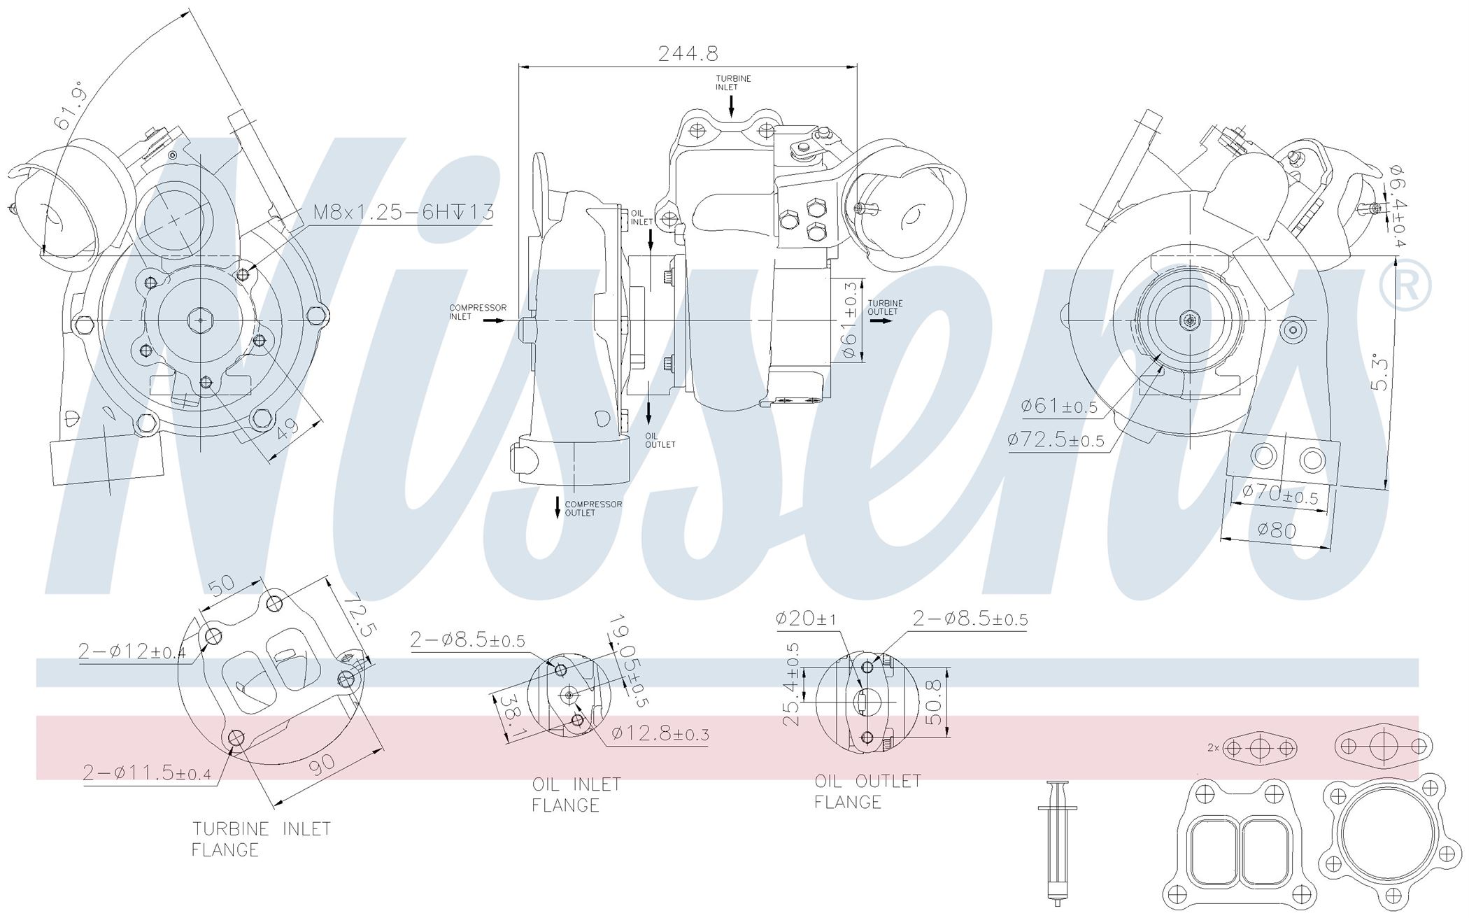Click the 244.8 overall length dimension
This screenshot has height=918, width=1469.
click(688, 53)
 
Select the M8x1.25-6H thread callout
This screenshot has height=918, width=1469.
click(403, 212)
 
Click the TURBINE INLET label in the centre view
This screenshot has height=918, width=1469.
click(733, 83)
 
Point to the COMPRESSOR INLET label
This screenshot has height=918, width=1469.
click(478, 312)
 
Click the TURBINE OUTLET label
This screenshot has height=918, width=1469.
click(885, 307)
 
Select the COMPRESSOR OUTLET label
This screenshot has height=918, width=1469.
click(593, 508)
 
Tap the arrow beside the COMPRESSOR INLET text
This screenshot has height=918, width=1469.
click(494, 320)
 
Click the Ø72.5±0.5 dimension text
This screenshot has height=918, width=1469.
click(1056, 439)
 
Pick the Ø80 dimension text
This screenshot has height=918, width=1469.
click(1277, 530)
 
